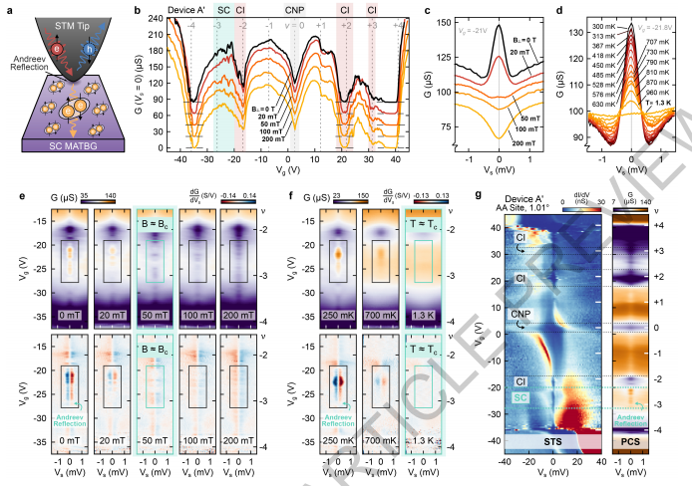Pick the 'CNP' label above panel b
pos(294,11)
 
